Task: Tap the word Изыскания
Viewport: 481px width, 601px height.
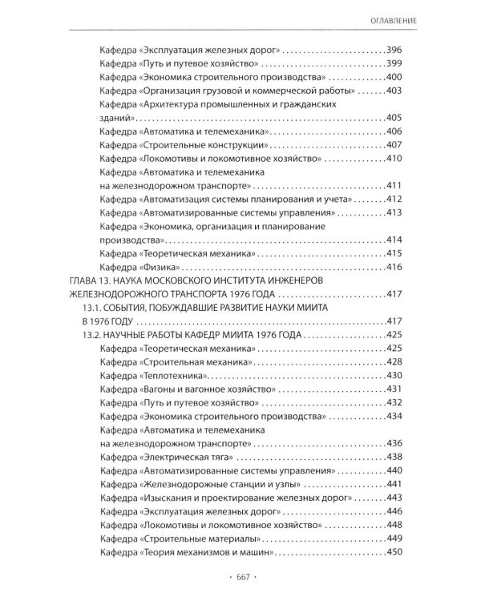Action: [x=168, y=498]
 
